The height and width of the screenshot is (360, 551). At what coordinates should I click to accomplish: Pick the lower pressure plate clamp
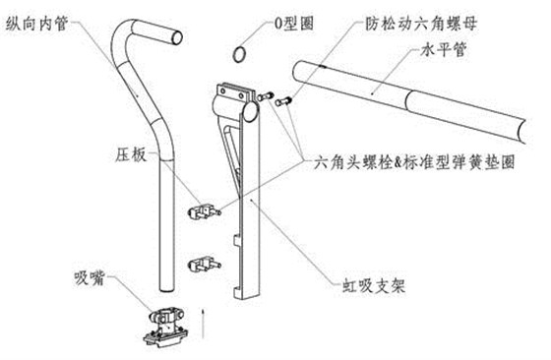[x=204, y=263]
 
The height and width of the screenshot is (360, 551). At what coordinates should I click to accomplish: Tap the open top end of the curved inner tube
[x=174, y=37]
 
